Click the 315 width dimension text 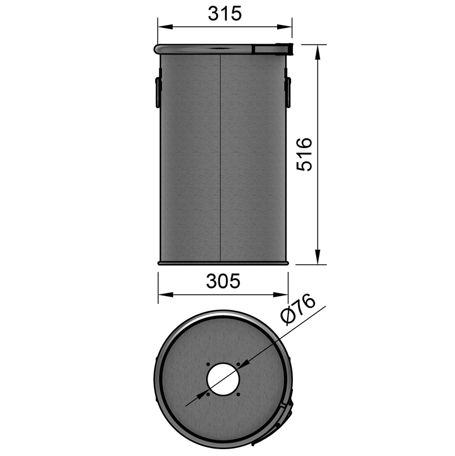click(x=225, y=14)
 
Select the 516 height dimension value click(x=305, y=154)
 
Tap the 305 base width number click(x=224, y=281)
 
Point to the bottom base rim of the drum click(x=224, y=263)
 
